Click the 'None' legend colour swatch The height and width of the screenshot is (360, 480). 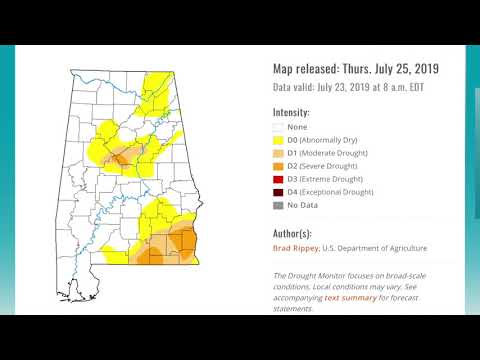coord(278,127)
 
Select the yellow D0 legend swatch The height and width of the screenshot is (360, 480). coord(278,140)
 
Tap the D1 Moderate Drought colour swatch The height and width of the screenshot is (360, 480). coord(278,153)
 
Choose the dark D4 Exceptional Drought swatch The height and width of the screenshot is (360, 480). coord(278,191)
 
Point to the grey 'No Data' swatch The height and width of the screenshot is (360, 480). coord(278,204)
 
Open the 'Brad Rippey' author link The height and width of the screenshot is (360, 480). coord(296,248)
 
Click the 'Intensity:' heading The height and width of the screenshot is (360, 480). coord(291,112)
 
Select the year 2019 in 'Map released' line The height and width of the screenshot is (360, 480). coord(421,69)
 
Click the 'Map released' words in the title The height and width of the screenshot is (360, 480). coord(309,69)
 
